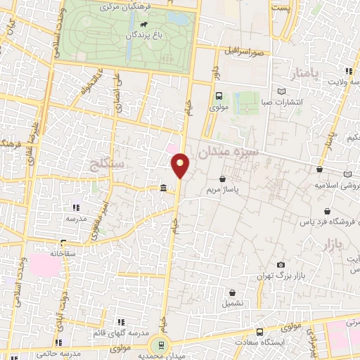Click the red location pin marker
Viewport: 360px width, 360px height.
coord(181,165)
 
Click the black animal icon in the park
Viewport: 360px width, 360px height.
coord(143,32)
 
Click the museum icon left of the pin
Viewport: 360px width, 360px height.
coord(163,188)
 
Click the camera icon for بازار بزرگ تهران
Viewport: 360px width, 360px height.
coord(281,264)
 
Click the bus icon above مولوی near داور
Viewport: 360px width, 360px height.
coord(218,97)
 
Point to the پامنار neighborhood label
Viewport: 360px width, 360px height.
coord(304,73)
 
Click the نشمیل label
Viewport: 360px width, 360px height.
coord(233,304)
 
